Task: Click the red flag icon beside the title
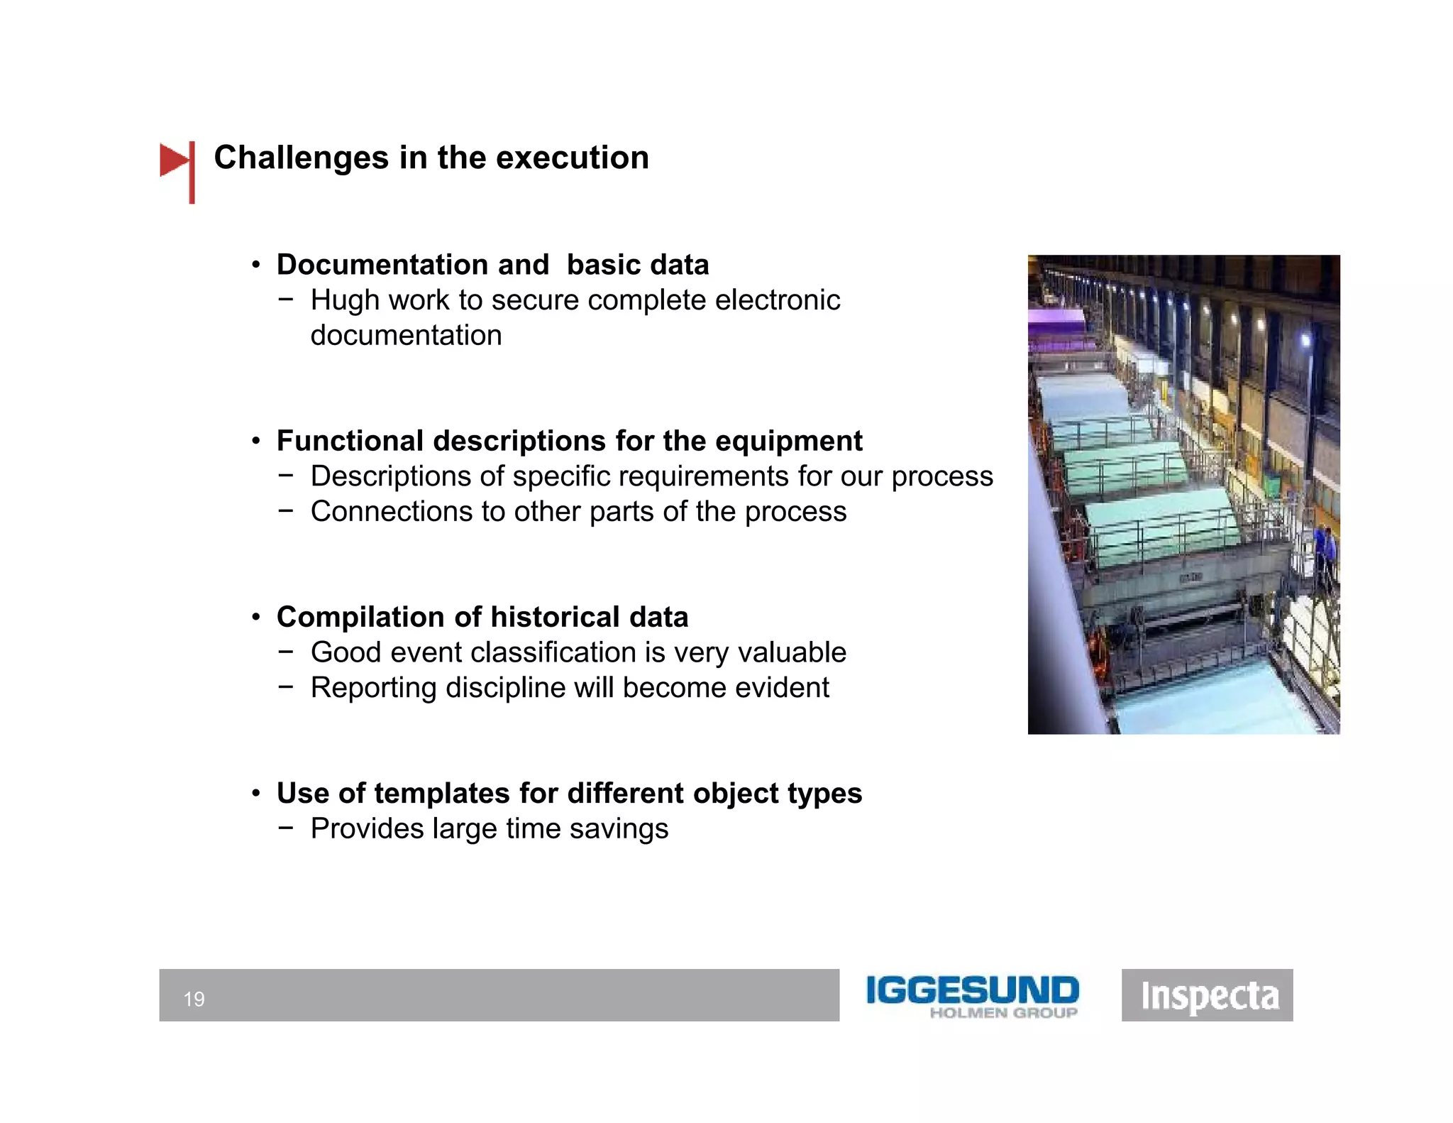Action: tap(176, 162)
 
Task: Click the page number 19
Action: tap(194, 999)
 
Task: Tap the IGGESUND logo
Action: tap(972, 995)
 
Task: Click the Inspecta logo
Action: tap(1208, 995)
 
